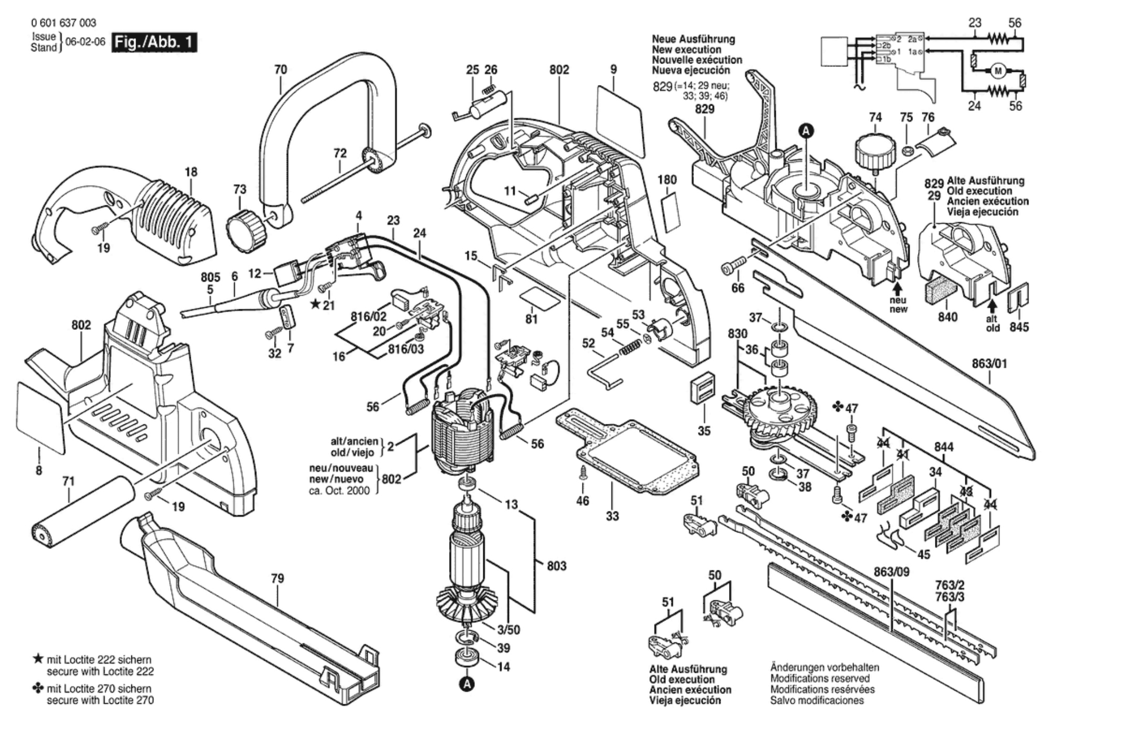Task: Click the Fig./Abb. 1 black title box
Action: tap(154, 42)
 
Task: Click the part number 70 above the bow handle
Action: tap(280, 70)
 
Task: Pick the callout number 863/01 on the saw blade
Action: tap(989, 364)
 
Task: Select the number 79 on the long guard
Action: tap(277, 578)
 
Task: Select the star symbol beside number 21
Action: tap(315, 304)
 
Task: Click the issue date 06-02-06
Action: tap(85, 42)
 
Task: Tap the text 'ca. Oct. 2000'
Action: tap(339, 491)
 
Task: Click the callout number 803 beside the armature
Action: tap(556, 566)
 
